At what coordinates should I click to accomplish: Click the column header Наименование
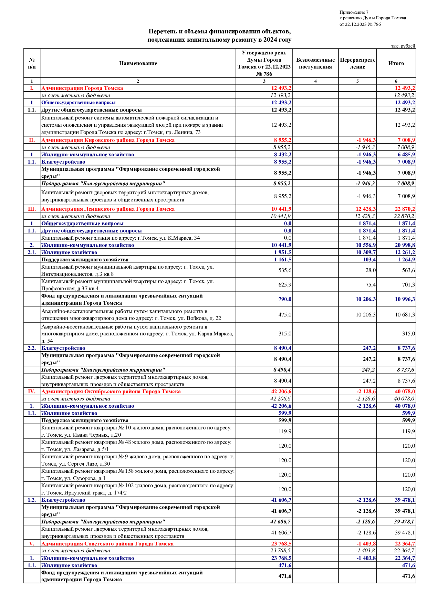coord(138,63)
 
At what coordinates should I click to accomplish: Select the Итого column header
coord(396,63)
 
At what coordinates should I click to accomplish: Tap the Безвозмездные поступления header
coord(315,63)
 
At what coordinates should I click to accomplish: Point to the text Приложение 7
coord(354,12)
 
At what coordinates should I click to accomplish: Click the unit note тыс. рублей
coord(403,46)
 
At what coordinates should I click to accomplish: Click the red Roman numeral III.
coord(32,209)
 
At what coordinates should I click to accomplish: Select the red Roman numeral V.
coord(32,544)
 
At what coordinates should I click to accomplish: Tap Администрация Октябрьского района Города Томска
coord(111,392)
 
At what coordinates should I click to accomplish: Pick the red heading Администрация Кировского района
coord(108,140)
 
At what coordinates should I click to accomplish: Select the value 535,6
coord(285,270)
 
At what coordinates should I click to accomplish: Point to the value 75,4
coord(371,285)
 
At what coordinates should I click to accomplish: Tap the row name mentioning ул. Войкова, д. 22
coord(131,315)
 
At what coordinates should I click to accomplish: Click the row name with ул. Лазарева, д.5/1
coord(136,446)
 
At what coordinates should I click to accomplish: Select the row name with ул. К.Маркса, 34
coord(121,238)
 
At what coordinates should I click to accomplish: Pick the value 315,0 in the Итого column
coord(408,334)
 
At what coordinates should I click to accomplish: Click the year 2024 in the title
coord(270,40)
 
